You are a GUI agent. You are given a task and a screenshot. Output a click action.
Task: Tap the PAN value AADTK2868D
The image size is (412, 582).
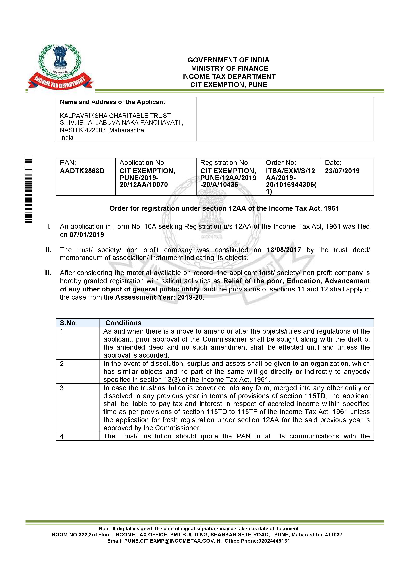coord(82,171)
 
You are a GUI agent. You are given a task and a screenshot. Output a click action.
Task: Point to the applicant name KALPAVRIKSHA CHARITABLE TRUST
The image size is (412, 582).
coord(115,116)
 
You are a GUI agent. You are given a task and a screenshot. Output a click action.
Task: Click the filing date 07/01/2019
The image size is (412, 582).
coord(87,235)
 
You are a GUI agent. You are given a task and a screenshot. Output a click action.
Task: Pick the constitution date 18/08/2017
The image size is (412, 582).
coord(284,250)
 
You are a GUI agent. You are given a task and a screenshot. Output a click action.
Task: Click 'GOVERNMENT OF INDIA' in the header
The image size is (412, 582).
coord(228,60)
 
